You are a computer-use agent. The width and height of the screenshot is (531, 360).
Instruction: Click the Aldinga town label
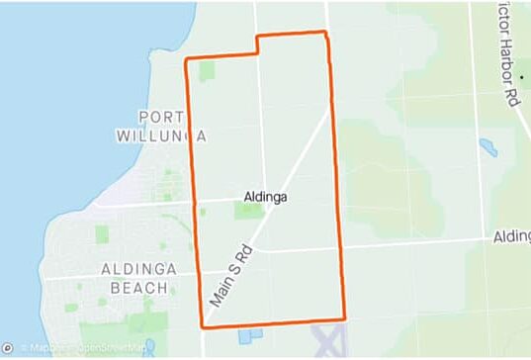[265, 197]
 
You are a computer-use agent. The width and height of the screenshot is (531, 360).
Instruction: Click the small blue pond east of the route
[487, 148]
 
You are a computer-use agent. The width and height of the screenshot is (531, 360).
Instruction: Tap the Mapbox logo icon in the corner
[8, 347]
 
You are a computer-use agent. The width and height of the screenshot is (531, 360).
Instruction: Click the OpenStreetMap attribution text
[111, 347]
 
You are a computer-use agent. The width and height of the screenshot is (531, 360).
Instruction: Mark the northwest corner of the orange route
[187, 60]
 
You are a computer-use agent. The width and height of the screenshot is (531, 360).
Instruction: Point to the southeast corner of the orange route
[344, 319]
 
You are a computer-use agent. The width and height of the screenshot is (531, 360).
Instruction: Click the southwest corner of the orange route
[203, 325]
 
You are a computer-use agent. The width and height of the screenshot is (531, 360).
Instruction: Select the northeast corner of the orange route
[325, 33]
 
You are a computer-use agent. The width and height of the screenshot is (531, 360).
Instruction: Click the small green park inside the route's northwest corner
[207, 71]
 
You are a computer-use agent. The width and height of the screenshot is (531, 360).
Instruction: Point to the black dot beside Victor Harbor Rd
[523, 75]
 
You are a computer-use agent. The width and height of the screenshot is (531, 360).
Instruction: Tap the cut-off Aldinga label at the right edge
[511, 238]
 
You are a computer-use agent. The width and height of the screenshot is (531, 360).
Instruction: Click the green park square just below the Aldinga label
[247, 211]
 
